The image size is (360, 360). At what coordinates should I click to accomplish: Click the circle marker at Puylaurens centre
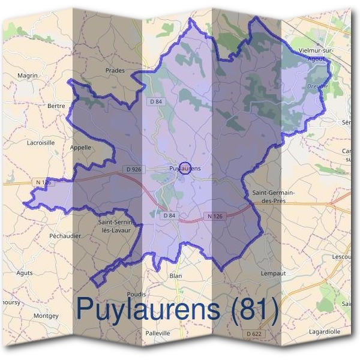point(185,168)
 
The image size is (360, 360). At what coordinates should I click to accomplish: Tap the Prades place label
point(115,70)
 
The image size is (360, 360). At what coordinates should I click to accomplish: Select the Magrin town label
point(28,76)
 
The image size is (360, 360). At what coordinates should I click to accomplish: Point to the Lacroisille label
point(41,143)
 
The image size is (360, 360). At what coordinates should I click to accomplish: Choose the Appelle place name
point(80,147)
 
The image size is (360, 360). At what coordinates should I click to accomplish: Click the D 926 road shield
point(134,170)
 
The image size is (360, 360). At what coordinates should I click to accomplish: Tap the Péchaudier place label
point(64,236)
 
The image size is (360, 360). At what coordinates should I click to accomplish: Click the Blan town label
point(175,275)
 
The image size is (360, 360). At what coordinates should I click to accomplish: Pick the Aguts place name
point(25,272)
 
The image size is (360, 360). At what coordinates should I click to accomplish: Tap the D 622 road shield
point(254,334)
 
